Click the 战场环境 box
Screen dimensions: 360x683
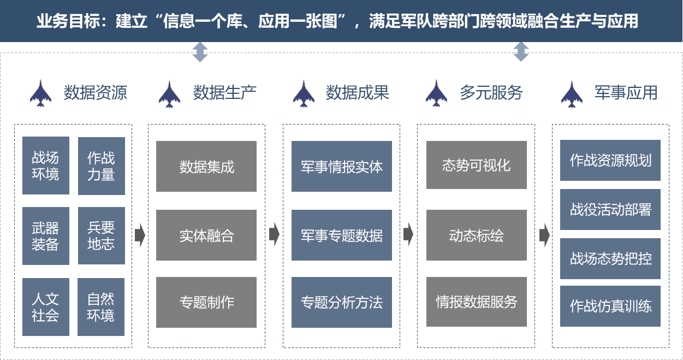tap(45, 166)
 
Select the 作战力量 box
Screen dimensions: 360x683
tap(101, 166)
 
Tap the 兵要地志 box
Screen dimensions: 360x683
tap(101, 235)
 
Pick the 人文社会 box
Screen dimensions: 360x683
tap(45, 306)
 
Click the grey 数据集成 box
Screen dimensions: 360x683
tap(206, 167)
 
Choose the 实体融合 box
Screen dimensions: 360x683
tap(206, 235)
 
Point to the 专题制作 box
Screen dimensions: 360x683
tap(206, 302)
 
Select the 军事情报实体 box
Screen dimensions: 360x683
tap(341, 167)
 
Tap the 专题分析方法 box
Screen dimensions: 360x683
tap(341, 302)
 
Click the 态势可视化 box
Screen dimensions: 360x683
tap(476, 166)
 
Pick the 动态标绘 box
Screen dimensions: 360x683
tap(476, 235)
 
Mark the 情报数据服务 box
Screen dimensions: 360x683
tap(476, 302)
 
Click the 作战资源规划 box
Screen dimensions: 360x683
tap(610, 161)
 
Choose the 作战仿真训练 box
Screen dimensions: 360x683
tap(610, 306)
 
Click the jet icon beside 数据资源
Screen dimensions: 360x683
tap(41, 93)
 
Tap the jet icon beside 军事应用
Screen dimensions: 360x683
tap(572, 94)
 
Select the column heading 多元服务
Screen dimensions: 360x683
tap(491, 93)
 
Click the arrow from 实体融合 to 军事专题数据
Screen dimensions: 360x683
tap(274, 235)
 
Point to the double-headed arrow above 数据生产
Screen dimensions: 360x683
tap(200, 52)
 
